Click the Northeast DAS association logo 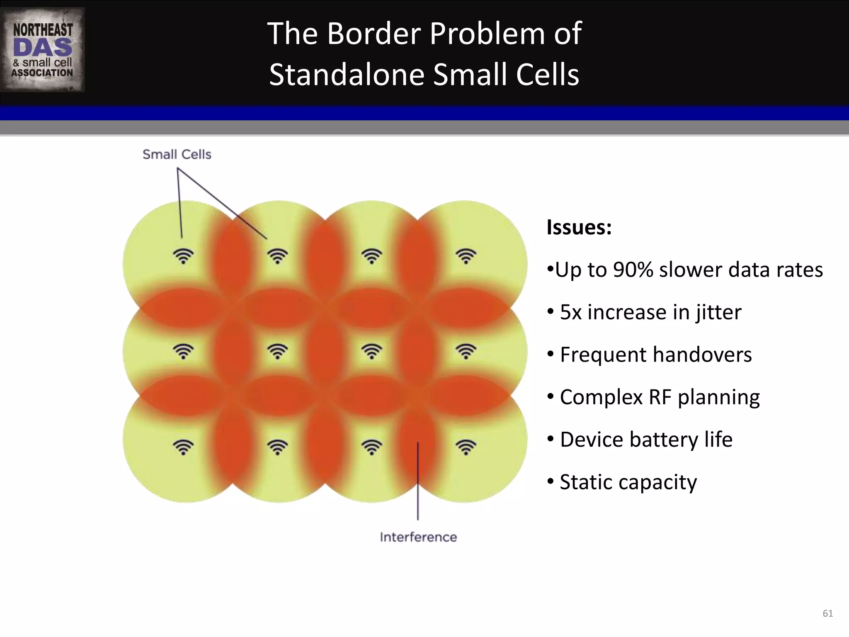43,49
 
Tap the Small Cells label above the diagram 177,155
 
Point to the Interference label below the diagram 418,537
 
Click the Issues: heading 579,227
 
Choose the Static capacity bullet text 628,482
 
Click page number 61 827,613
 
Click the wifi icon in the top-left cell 183,256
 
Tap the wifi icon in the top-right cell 466,256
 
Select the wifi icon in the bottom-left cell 183,447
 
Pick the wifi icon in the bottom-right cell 466,447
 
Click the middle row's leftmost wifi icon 183,352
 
